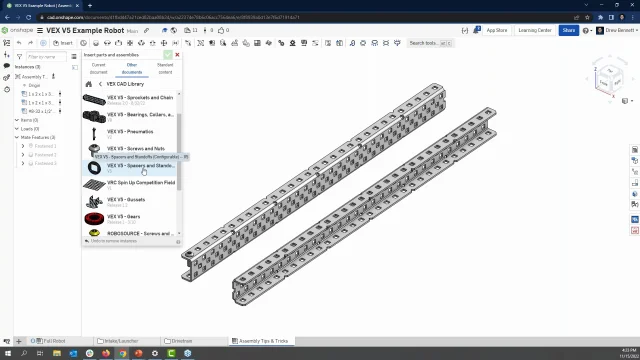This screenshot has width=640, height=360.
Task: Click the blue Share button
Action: (x=568, y=30)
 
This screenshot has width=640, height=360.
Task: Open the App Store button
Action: (x=496, y=30)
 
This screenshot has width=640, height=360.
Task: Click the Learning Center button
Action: (x=534, y=30)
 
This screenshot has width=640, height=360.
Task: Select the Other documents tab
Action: (x=132, y=68)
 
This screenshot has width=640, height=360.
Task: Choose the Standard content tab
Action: (x=165, y=68)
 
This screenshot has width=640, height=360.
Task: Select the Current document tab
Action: (x=99, y=68)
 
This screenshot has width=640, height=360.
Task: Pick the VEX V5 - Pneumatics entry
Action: (x=130, y=132)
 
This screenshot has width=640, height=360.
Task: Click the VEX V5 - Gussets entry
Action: (x=126, y=200)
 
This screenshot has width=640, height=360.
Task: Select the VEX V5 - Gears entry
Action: (x=124, y=217)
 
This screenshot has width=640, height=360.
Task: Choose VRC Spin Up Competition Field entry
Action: (x=140, y=183)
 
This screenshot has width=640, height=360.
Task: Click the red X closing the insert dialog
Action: (x=177, y=55)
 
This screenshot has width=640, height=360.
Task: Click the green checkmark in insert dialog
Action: (x=168, y=55)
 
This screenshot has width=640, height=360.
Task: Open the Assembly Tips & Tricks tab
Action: (x=260, y=341)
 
